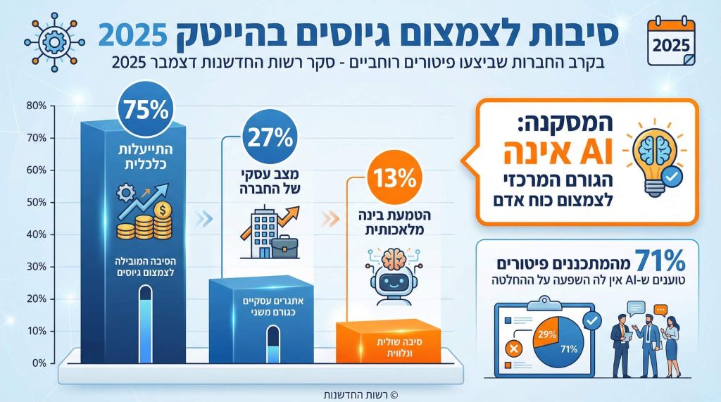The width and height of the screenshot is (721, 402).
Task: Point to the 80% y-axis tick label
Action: tap(37, 106)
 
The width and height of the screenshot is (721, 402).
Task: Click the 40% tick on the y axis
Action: tap(37, 234)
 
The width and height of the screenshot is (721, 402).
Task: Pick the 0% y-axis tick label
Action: tap(39, 363)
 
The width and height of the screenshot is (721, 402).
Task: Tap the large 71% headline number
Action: tap(660, 261)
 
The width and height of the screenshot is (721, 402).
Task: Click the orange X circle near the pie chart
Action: tap(513, 348)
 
